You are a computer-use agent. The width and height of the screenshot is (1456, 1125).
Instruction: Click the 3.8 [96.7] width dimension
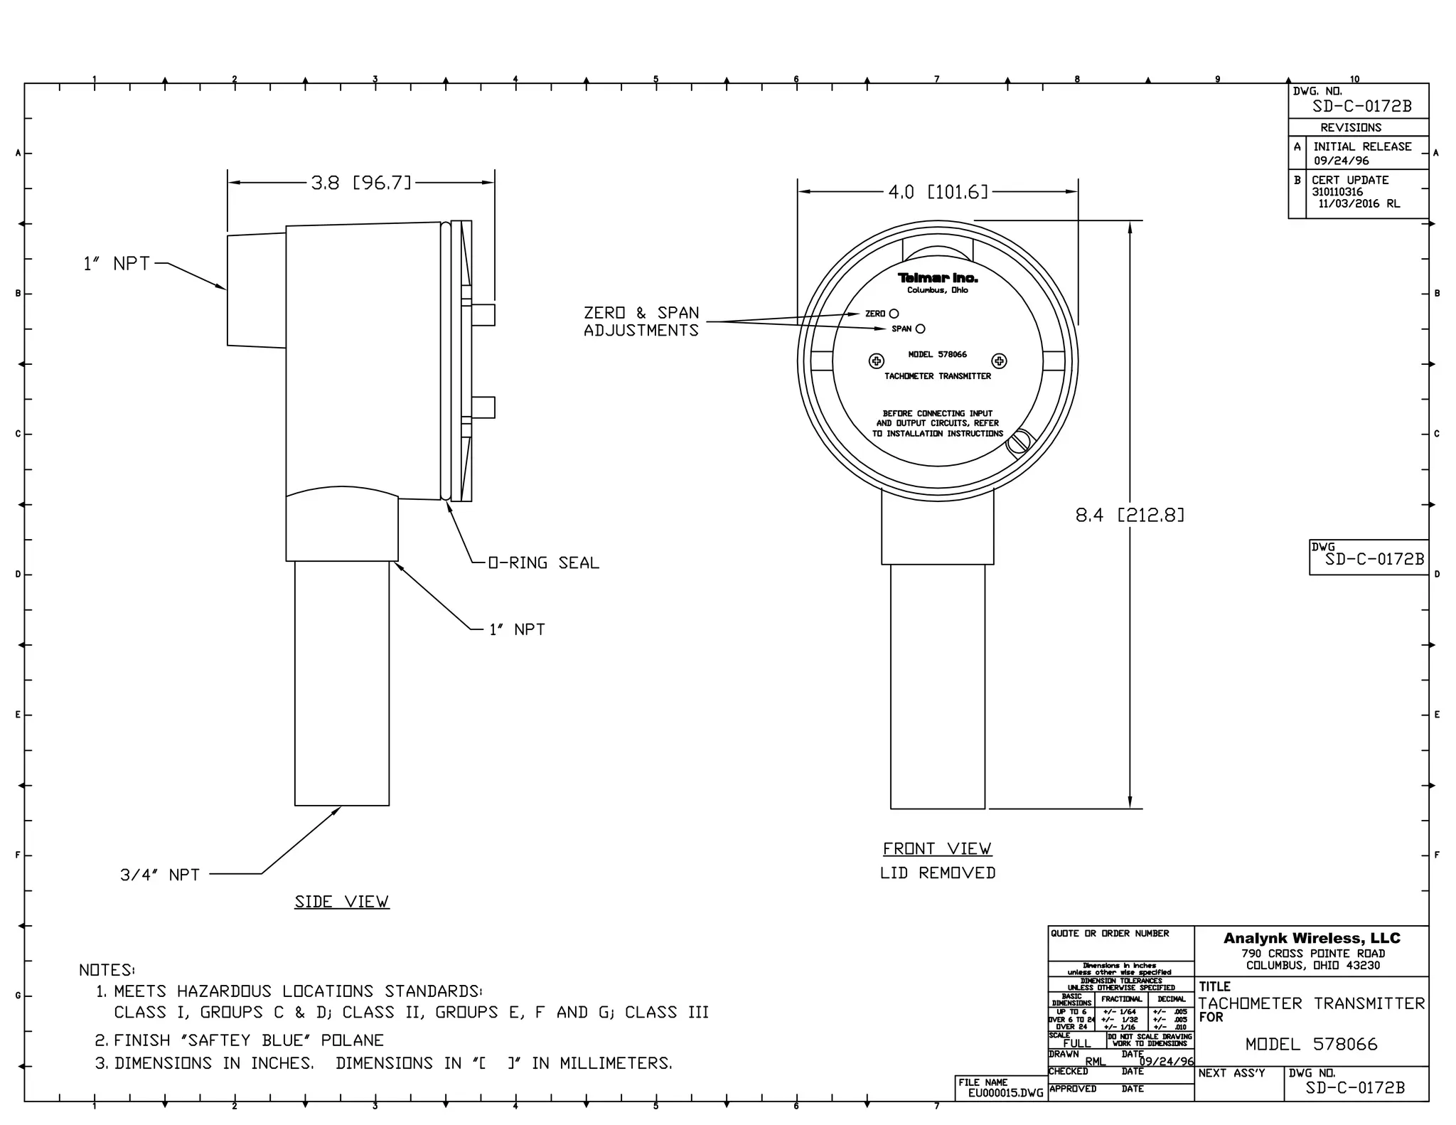click(x=361, y=183)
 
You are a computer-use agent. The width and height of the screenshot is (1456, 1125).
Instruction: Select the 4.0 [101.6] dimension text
click(x=938, y=192)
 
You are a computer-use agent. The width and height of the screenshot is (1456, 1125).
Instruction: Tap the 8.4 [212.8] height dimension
click(x=1130, y=515)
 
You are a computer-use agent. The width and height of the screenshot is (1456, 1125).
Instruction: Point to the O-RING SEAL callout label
click(x=544, y=563)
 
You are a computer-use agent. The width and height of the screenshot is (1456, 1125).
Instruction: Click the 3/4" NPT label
click(x=160, y=875)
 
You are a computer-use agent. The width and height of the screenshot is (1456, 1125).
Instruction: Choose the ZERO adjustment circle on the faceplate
click(x=894, y=314)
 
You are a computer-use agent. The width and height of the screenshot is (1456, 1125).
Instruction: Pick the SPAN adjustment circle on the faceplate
click(x=920, y=329)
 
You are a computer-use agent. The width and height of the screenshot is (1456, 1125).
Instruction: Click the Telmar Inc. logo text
click(x=937, y=278)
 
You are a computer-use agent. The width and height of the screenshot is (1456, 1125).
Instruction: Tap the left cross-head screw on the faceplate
click(x=877, y=361)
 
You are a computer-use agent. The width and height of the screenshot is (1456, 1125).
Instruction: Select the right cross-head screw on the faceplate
click(x=999, y=361)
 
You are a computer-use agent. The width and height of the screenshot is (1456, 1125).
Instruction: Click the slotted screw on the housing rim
click(x=1019, y=442)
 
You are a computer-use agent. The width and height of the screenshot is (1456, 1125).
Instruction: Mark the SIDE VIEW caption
click(x=342, y=902)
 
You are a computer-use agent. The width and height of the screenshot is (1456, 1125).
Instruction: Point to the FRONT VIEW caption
click(x=937, y=848)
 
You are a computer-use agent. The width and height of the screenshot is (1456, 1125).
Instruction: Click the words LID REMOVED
click(x=937, y=873)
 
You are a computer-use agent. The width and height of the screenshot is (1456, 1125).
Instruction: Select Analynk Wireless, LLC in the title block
click(x=1312, y=938)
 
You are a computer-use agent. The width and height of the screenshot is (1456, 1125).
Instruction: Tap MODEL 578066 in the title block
click(x=1311, y=1044)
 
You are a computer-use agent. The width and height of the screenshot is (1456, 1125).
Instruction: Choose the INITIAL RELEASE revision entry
click(x=1362, y=146)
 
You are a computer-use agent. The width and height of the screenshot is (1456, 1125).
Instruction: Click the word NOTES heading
click(x=107, y=970)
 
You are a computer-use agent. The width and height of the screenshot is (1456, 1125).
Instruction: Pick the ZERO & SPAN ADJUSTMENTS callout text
click(x=641, y=321)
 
